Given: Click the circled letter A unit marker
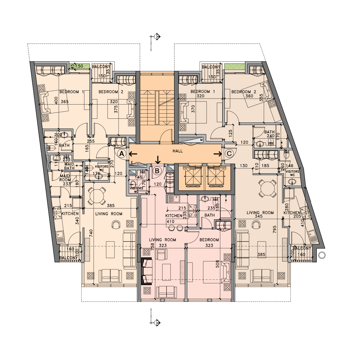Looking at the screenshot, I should [121, 154].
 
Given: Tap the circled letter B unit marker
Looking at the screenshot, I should [157, 171].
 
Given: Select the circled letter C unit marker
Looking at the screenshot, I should [229, 154].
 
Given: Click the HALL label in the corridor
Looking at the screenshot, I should [178, 151].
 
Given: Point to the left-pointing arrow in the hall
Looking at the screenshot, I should [133, 154].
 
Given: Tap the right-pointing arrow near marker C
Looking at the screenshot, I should [217, 154].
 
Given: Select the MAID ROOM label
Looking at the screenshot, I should [65, 178].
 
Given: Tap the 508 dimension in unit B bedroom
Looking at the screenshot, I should [217, 264].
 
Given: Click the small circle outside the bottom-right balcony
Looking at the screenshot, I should [322, 255].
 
